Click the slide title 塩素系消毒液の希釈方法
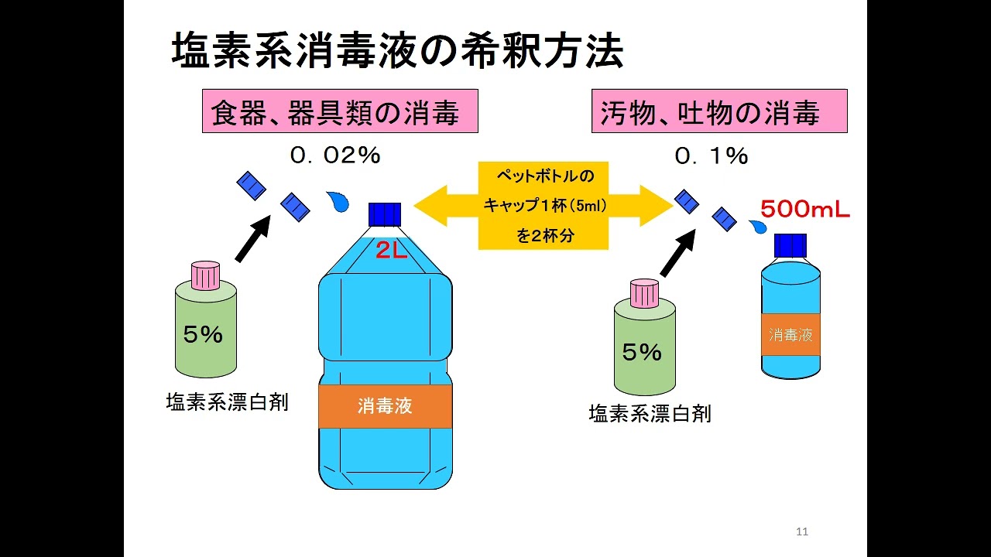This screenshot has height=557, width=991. pos(396,53)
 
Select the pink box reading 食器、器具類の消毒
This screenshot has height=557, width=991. pos(340,111)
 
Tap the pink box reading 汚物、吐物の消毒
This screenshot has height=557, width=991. pos(719,111)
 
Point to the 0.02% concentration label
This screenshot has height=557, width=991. pos(335,155)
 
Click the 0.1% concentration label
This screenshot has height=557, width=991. pos(711,156)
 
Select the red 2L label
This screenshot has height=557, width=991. pos(392,249)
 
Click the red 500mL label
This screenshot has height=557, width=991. pos(804,210)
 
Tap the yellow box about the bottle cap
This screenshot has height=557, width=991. pos(544,206)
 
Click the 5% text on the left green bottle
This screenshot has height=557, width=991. pos(203,334)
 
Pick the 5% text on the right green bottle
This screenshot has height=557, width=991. pos(642,353)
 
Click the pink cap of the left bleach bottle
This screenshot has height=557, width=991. pos(206,275)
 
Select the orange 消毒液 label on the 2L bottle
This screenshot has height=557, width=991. pos(385,406)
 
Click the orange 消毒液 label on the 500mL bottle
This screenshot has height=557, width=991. pos(790,335)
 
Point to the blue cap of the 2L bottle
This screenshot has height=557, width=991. pos(385,214)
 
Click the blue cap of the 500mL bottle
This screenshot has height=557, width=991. pos(790,245)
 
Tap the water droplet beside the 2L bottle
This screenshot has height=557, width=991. pos(338,202)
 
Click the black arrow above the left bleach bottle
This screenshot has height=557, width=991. pos(253,238)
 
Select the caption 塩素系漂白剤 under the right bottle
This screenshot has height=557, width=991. pos(650,414)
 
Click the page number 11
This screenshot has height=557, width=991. pos(802,531)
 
